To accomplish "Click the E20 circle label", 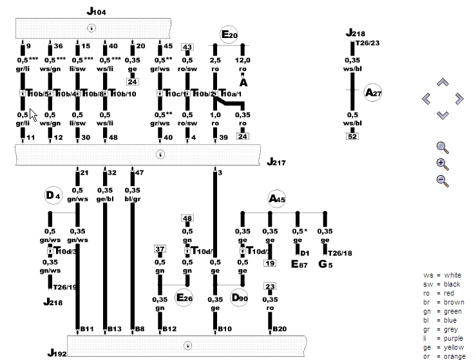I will click(229, 35).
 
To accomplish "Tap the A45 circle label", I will click(277, 200).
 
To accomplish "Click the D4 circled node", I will click(53, 195).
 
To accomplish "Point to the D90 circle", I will click(239, 298).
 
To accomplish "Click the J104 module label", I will click(96, 12).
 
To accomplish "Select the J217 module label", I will click(277, 162).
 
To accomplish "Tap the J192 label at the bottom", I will click(57, 353).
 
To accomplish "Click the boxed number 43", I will click(187, 47).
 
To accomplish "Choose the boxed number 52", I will click(352, 136).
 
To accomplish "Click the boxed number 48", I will click(187, 218).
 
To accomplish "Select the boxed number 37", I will click(160, 249).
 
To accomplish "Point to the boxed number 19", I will click(270, 263).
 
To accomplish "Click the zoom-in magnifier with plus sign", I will click(443, 164).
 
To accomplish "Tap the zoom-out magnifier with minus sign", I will click(443, 180).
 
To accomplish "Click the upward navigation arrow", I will click(442, 82).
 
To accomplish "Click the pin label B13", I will click(115, 330).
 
